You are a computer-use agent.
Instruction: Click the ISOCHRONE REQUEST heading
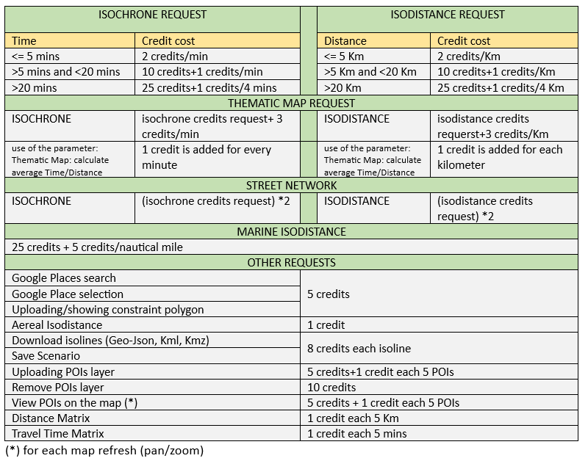(x=152, y=15)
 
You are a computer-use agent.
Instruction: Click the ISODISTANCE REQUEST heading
(x=448, y=15)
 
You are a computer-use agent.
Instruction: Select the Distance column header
(x=345, y=41)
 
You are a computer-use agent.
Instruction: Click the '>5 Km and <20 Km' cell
(x=370, y=72)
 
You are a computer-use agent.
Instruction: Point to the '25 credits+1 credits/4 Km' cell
(x=501, y=88)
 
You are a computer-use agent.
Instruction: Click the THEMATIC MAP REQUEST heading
(x=292, y=104)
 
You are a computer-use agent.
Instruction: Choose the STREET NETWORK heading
(x=292, y=186)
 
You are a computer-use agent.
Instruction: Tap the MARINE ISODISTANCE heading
(x=292, y=232)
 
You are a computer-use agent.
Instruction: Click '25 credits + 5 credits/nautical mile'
(x=97, y=247)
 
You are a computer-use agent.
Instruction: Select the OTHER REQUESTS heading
(x=292, y=263)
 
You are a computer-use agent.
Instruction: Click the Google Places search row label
(x=64, y=278)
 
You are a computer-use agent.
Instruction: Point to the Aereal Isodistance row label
(x=57, y=324)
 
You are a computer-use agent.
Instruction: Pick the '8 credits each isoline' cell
(x=358, y=348)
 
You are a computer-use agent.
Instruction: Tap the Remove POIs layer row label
(x=58, y=387)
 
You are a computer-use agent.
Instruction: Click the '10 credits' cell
(x=331, y=387)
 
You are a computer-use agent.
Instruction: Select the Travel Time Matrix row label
(x=58, y=434)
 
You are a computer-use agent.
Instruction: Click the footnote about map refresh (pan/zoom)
(x=104, y=450)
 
